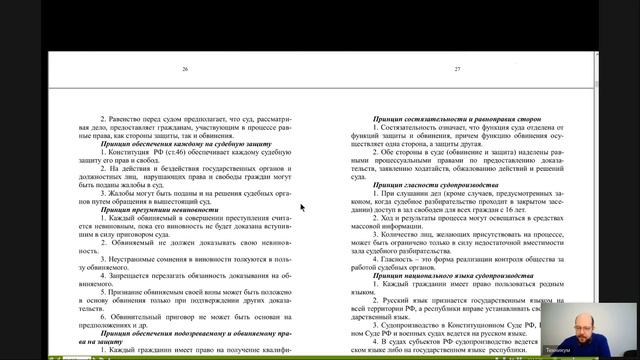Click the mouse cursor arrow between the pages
301,208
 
